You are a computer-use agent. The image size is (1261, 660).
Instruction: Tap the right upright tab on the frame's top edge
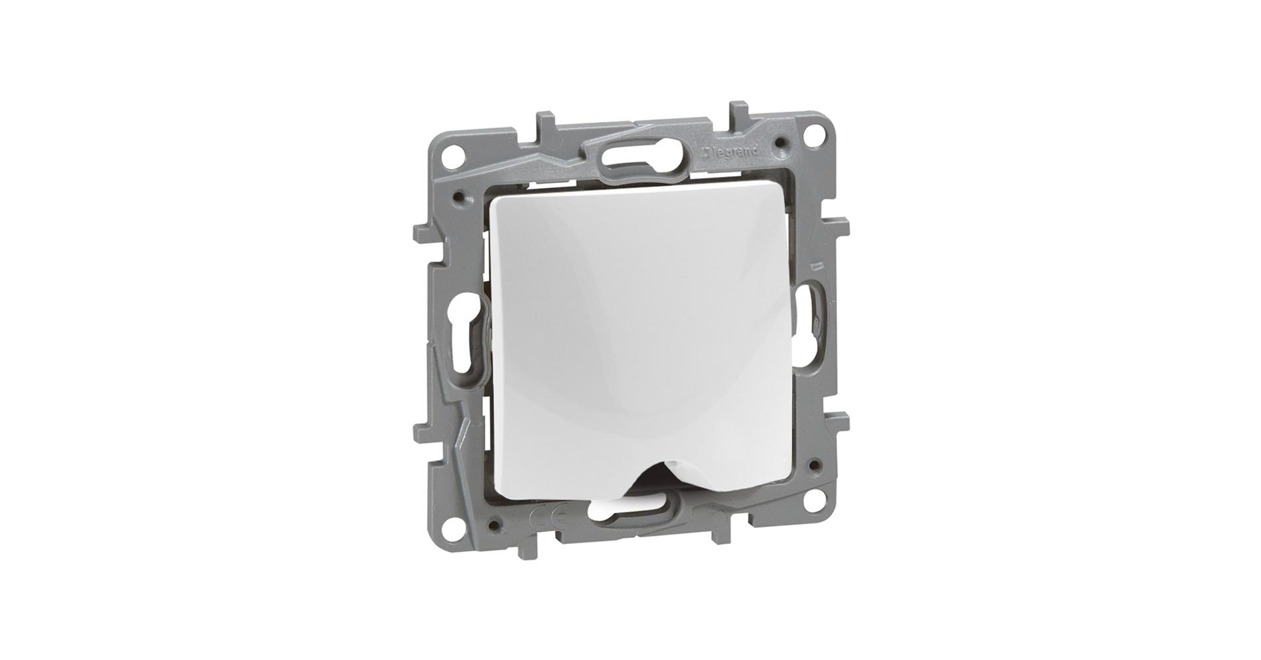click(736, 112)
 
